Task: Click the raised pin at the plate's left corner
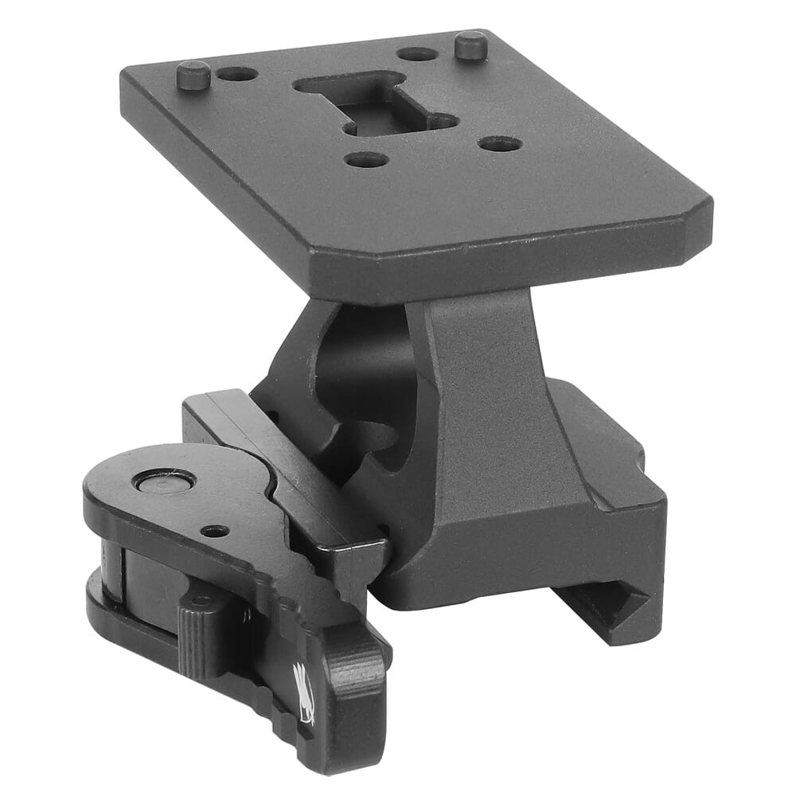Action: click(193, 75)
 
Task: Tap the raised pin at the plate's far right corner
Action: click(471, 45)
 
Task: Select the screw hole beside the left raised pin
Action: click(237, 74)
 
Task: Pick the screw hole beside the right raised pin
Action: click(416, 54)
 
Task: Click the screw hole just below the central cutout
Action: click(366, 159)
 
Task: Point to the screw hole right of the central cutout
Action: click(501, 144)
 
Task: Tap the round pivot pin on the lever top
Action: click(165, 481)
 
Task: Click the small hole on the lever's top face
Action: click(215, 530)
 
